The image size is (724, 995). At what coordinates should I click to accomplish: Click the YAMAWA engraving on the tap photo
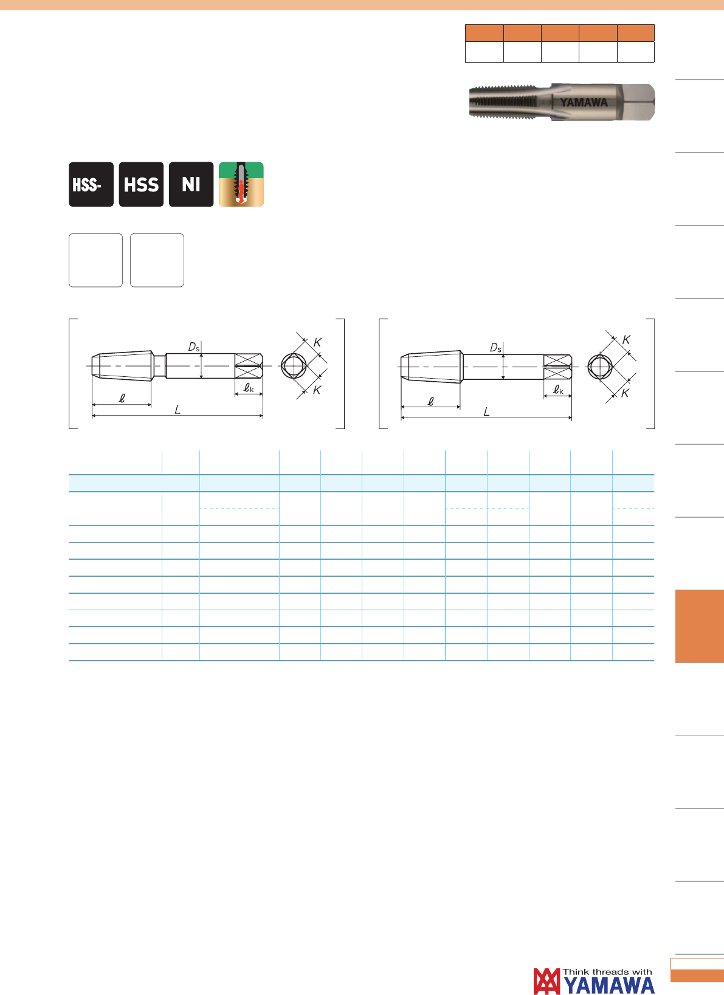[584, 103]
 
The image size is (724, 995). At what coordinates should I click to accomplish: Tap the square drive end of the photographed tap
[636, 102]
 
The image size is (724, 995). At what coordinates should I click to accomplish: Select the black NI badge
[191, 184]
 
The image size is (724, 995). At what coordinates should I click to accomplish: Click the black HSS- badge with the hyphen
[91, 184]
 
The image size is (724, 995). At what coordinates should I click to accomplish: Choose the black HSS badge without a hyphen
[141, 184]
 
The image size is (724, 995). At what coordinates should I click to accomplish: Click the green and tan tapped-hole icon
[241, 184]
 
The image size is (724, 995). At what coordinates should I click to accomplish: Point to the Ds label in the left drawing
[194, 347]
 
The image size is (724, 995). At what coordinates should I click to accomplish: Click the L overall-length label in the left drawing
[178, 410]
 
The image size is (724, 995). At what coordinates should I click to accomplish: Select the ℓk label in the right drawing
[558, 390]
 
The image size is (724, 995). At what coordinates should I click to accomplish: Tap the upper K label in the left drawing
[317, 342]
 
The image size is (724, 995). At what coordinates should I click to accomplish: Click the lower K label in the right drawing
[625, 393]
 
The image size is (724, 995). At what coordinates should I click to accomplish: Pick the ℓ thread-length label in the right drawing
[430, 402]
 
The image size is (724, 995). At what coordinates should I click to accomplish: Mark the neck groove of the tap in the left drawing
[159, 366]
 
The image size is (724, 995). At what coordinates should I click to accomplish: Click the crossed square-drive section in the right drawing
[557, 367]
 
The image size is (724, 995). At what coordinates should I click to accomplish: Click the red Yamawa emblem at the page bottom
[546, 981]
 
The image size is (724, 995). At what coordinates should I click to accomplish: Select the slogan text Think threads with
[607, 972]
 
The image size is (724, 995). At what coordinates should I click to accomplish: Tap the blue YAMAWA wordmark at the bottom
[609, 986]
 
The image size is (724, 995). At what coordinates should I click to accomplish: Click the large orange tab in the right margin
[700, 626]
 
